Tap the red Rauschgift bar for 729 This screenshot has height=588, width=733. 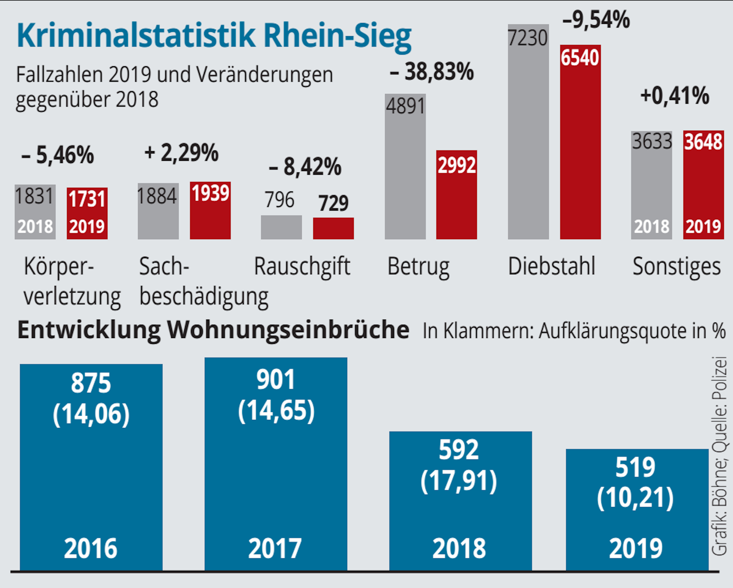[333, 228]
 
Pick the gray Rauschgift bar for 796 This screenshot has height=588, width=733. [281, 227]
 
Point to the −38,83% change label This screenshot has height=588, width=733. [432, 72]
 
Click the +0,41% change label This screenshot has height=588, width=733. [674, 96]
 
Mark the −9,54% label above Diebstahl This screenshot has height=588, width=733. [596, 20]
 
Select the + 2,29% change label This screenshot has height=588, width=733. [181, 153]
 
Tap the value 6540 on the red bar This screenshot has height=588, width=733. [580, 58]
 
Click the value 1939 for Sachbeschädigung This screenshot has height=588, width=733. [210, 193]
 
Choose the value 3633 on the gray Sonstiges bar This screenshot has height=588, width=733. [652, 141]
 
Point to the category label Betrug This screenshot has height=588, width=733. [418, 267]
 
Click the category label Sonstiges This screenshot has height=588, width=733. [677, 267]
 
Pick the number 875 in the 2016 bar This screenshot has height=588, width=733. [91, 383]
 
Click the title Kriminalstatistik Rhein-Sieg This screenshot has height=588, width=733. [214, 36]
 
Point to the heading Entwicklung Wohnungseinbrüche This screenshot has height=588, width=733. [213, 330]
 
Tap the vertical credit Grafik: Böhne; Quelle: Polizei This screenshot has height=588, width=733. [719, 456]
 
